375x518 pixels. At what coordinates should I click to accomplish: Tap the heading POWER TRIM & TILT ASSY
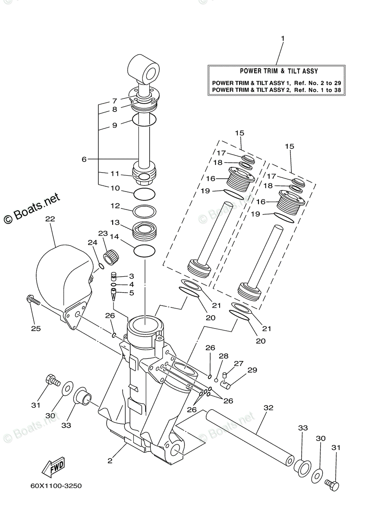pyautogui.click(x=279, y=71)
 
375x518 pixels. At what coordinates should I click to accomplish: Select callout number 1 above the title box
pyautogui.click(x=283, y=38)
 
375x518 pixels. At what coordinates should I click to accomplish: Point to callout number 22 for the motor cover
pyautogui.click(x=50, y=218)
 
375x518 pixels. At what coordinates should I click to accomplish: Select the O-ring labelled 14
pyautogui.click(x=145, y=251)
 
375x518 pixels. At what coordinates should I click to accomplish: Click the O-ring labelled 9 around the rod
pyautogui.click(x=144, y=120)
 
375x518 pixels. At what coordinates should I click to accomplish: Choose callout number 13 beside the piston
pyautogui.click(x=115, y=222)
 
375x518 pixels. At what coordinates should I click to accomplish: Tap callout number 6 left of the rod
pyautogui.click(x=84, y=159)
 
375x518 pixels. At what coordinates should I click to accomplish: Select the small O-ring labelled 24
pyautogui.click(x=101, y=266)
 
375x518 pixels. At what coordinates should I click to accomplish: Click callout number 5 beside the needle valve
pyautogui.click(x=132, y=293)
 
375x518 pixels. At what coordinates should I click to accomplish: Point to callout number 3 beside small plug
pyautogui.click(x=132, y=276)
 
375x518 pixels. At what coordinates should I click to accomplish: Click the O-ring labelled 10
pyautogui.click(x=145, y=193)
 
